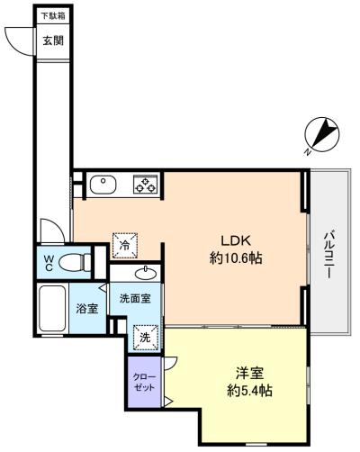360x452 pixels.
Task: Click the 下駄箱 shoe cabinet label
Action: click(x=53, y=15)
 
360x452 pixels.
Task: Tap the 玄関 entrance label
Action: click(x=53, y=41)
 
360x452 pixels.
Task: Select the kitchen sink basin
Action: click(x=103, y=185)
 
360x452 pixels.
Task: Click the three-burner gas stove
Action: click(x=145, y=184)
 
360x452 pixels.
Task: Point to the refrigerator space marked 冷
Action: click(x=125, y=246)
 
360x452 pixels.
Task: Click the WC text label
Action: click(x=49, y=263)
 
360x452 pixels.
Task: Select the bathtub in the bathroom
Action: click(x=52, y=308)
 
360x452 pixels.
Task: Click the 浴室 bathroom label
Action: click(x=87, y=308)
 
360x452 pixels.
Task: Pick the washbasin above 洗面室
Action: click(x=146, y=273)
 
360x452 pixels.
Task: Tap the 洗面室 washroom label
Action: click(x=135, y=298)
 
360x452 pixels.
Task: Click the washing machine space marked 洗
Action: click(x=146, y=338)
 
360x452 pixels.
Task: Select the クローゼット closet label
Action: click(x=144, y=382)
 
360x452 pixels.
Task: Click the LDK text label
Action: click(x=236, y=240)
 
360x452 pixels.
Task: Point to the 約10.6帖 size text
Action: click(x=236, y=258)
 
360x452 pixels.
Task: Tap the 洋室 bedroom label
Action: click(x=249, y=374)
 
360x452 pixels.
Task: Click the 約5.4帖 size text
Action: click(x=249, y=391)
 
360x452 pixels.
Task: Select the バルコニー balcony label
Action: click(x=329, y=255)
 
